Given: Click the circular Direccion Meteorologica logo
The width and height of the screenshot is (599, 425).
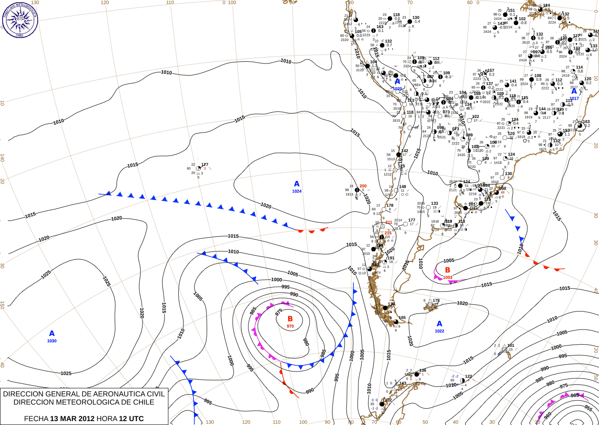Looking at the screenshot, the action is click(x=20, y=20).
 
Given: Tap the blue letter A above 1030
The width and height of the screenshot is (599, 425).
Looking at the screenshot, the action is click(x=52, y=333).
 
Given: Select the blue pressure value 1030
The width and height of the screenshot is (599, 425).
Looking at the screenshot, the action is click(x=52, y=341).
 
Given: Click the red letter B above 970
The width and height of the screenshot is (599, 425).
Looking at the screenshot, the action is click(x=290, y=319).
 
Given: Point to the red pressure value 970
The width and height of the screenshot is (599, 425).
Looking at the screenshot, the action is click(x=290, y=326).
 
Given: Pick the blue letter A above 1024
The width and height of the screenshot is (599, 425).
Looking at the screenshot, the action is click(x=297, y=184).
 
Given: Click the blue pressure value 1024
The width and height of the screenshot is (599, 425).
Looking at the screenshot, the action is click(x=297, y=191).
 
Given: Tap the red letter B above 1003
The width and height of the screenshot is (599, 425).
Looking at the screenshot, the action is click(x=447, y=270).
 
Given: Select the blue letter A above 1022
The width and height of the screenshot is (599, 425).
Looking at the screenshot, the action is click(x=439, y=324).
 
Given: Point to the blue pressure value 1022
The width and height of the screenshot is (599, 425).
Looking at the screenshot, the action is click(x=439, y=331).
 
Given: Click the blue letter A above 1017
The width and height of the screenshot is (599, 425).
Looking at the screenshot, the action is click(x=574, y=91).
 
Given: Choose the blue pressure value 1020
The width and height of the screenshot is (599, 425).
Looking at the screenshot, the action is click(x=397, y=89).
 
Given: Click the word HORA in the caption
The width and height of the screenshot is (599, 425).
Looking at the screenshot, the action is click(x=107, y=419).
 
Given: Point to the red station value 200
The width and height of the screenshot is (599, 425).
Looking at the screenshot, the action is click(x=363, y=186).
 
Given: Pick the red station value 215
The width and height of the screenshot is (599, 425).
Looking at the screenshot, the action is click(x=388, y=233).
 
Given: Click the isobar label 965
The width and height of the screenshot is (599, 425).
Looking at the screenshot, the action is click(x=574, y=395).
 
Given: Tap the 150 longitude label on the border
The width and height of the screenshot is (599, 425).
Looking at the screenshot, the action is click(x=2, y=305).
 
